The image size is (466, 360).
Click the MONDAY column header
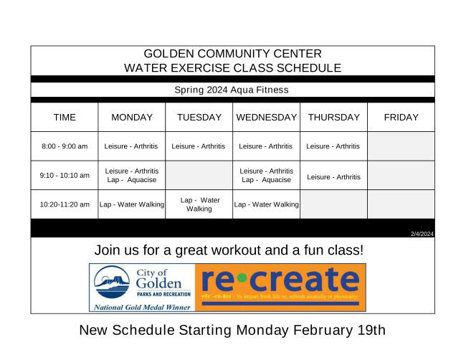tap(131, 118)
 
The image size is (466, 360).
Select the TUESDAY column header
tap(199, 118)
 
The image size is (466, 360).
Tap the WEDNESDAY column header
tap(266, 118)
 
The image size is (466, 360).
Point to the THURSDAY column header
tap(333, 118)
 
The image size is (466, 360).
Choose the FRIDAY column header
tap(401, 118)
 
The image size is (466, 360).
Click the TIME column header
tap(65, 118)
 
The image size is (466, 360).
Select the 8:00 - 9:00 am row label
tap(65, 146)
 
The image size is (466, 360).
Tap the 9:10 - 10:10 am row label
tap(65, 176)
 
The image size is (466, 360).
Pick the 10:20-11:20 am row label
tap(65, 204)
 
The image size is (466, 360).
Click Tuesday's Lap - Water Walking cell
tap(199, 204)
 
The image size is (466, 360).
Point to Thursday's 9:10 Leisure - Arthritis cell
tap(333, 176)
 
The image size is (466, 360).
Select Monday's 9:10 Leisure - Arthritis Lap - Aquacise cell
tap(131, 176)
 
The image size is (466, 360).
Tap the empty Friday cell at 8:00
tap(401, 146)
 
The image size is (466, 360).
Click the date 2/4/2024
tap(422, 234)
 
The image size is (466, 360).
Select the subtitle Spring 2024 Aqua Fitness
tap(232, 90)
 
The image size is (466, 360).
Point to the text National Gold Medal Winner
tap(141, 306)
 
